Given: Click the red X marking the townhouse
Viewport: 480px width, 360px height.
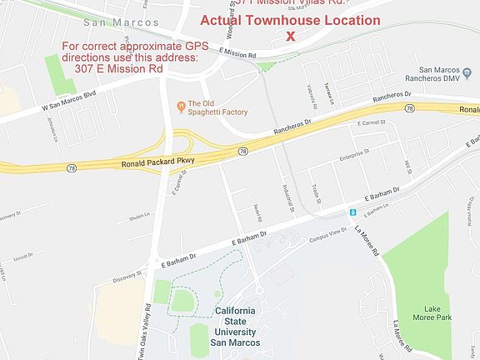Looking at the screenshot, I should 290,36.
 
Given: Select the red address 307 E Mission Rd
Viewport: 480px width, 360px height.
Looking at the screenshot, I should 118,68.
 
